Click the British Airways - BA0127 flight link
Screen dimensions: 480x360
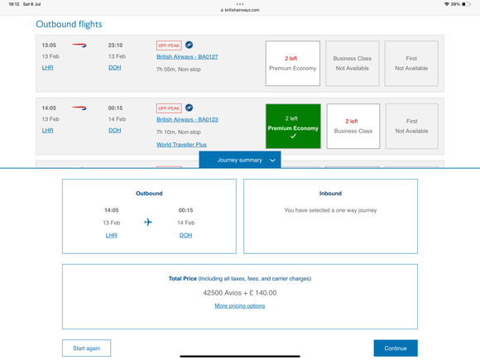pos(187,56)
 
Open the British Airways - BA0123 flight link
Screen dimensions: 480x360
pos(187,119)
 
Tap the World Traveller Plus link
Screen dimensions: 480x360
pos(181,145)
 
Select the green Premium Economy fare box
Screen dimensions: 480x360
pos(293,126)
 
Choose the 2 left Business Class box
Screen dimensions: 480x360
pos(353,126)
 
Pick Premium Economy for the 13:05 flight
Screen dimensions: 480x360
pos(293,64)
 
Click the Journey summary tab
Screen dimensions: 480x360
pos(240,160)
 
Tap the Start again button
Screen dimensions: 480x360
pos(87,348)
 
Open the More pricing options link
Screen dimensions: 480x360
pos(240,306)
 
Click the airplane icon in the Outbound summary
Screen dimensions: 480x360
pos(148,222)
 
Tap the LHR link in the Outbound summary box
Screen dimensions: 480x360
pos(111,235)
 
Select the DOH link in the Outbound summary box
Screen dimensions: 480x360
pos(186,235)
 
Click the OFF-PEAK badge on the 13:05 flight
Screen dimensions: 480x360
pos(169,46)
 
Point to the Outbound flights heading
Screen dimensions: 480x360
pos(69,24)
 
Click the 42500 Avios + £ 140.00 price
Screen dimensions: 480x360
pos(240,293)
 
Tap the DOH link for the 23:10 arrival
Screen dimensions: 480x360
pos(115,68)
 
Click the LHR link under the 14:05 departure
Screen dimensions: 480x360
pos(47,131)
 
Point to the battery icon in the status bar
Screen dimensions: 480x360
pos(466,4)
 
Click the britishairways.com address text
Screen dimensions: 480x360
pos(242,10)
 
